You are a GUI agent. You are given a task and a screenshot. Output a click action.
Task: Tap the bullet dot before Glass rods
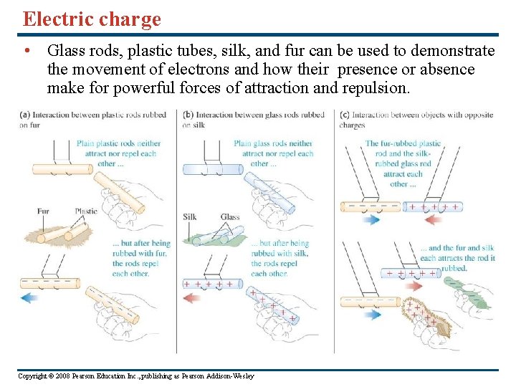[27, 52]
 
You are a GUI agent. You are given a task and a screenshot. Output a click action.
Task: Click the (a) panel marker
[25, 115]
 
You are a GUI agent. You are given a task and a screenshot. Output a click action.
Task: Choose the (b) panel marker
[188, 115]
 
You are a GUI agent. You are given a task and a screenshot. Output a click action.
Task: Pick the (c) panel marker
[345, 115]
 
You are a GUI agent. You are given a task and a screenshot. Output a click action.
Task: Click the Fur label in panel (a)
[44, 211]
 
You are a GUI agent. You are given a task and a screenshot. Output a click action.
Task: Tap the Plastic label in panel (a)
[86, 211]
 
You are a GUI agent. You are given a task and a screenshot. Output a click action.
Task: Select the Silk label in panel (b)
[190, 217]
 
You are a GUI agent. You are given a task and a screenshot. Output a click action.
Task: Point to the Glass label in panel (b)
[230, 217]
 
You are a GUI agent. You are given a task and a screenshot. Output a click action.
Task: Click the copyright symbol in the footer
[54, 376]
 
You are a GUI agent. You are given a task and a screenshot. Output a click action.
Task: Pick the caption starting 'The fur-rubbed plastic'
[403, 163]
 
